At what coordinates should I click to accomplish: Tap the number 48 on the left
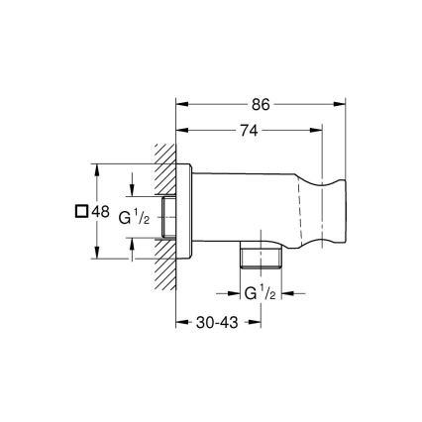pyautogui.click(x=100, y=211)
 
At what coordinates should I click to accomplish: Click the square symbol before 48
pyautogui.click(x=81, y=211)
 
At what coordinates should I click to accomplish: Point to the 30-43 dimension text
pyautogui.click(x=216, y=321)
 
